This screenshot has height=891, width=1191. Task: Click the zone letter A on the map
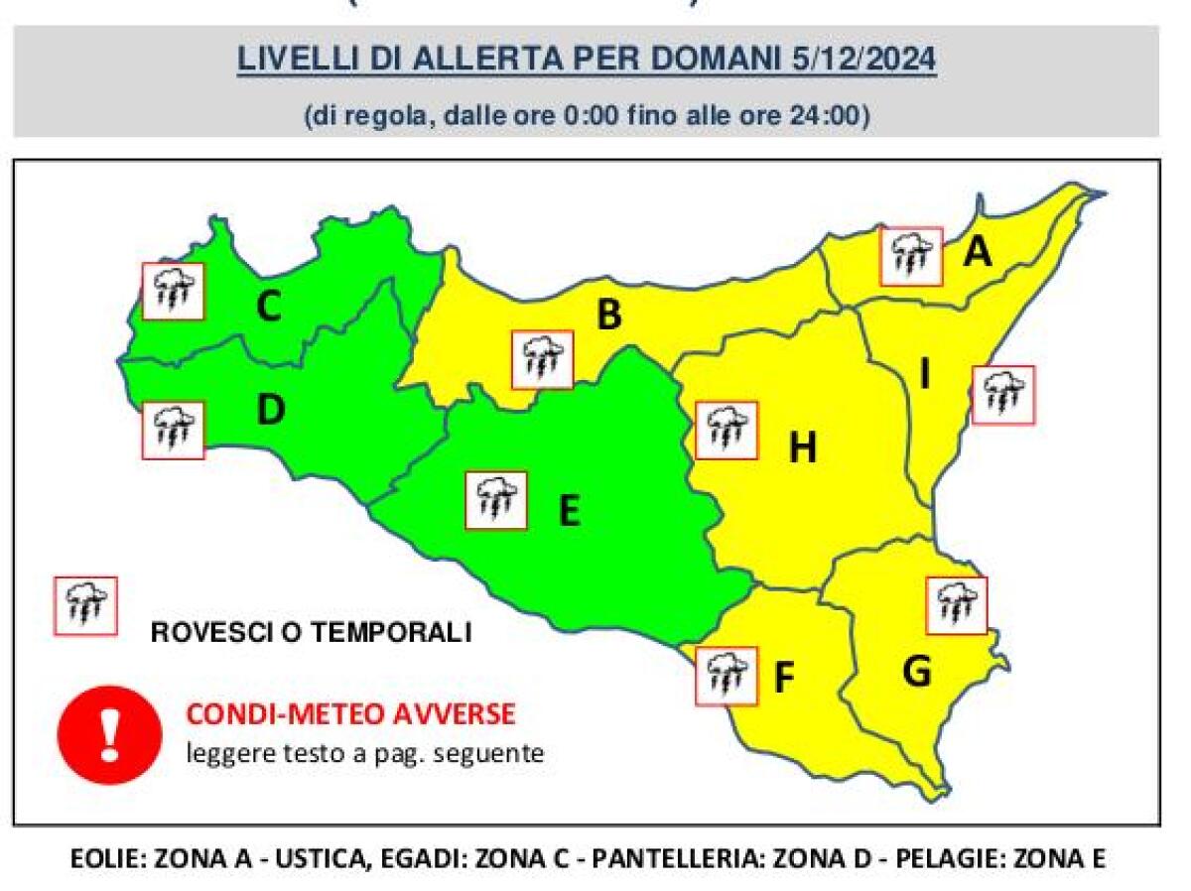tap(978, 253)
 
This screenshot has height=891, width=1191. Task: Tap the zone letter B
tap(608, 317)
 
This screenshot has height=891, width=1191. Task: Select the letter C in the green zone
tap(268, 309)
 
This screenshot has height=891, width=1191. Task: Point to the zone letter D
tap(270, 410)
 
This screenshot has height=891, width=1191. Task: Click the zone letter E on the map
tap(569, 511)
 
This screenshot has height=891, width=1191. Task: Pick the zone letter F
tap(784, 679)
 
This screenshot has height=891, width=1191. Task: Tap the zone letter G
tap(916, 672)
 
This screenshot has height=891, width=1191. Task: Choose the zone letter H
tap(802, 448)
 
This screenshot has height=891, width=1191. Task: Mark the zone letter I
tap(925, 375)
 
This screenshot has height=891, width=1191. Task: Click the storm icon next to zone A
tap(911, 256)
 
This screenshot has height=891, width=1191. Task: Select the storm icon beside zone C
tap(173, 291)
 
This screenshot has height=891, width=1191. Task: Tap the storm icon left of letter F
tap(727, 676)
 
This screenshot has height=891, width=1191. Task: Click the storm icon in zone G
tap(956, 604)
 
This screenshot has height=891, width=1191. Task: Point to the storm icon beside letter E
tap(496, 500)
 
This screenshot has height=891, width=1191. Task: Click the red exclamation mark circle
tap(109, 734)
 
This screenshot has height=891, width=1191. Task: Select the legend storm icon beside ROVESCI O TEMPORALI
tap(85, 605)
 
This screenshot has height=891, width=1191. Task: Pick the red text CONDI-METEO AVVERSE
tap(350, 714)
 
